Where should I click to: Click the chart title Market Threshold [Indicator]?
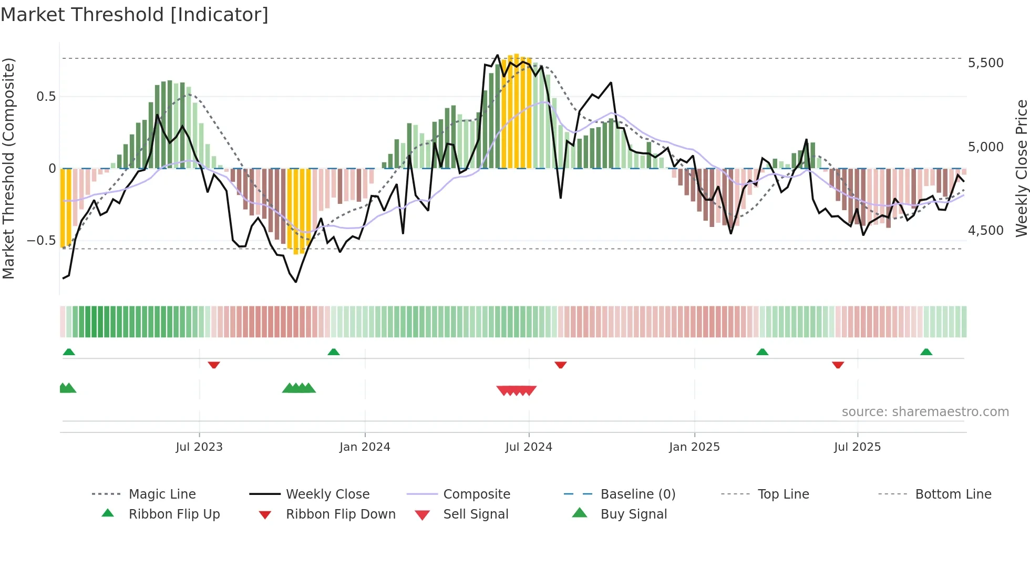(135, 15)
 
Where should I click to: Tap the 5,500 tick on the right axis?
(985, 63)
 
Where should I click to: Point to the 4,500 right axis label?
(985, 231)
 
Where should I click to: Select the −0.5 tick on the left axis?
(42, 241)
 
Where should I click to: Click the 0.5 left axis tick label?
(46, 97)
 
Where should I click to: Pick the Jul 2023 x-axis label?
(199, 447)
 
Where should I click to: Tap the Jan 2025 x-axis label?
(694, 447)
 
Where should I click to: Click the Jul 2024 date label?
(529, 447)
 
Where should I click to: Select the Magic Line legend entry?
(162, 494)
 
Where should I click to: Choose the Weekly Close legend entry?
(327, 494)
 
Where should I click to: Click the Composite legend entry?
(476, 494)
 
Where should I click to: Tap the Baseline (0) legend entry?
(637, 494)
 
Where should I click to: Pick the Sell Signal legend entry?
(476, 514)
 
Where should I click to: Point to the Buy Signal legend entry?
(633, 514)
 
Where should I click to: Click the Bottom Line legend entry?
(953, 494)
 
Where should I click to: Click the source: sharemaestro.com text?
(925, 412)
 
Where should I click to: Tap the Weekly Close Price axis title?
(1021, 168)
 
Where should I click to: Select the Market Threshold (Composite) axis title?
(8, 168)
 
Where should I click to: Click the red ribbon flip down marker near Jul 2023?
(213, 365)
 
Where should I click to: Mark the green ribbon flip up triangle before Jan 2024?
(334, 352)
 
